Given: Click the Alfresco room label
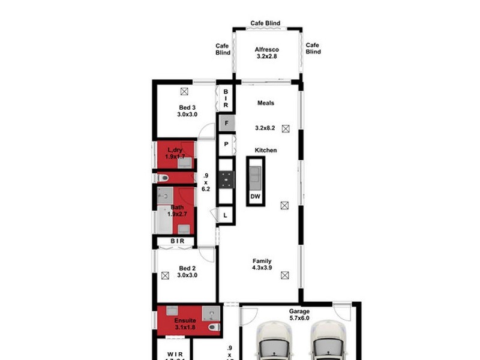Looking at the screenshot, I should click(266, 50).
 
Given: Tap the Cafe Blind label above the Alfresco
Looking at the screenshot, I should click(265, 23).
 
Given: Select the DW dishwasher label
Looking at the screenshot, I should click(255, 197).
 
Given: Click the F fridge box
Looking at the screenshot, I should click(226, 124).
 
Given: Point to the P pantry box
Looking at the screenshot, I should click(226, 144).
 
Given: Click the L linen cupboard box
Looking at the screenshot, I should click(226, 215).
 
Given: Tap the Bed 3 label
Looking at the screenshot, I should click(187, 107).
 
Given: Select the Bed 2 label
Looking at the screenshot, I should click(187, 268).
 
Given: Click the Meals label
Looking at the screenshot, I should click(266, 103).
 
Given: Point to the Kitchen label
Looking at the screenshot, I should click(266, 150).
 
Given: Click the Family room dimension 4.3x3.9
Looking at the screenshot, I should click(262, 268).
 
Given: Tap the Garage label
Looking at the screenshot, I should click(299, 311).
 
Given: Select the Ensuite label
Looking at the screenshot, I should click(185, 321).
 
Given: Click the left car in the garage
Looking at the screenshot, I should click(274, 343).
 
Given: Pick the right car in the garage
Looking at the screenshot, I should click(328, 343).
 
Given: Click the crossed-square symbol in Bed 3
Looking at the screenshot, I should click(184, 91).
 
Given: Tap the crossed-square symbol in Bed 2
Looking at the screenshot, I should click(165, 275).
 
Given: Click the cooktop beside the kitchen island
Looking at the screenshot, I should click(226, 178).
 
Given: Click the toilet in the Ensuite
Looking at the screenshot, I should click(212, 328).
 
